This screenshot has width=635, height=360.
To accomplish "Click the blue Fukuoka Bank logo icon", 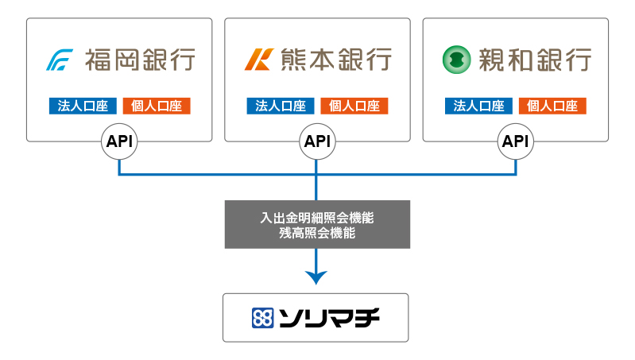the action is (x=60, y=60).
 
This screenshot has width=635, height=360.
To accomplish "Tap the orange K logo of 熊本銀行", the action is (x=259, y=60).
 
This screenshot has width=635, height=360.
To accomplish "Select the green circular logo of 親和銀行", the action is (x=457, y=60).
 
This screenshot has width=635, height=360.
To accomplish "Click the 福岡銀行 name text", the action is (x=140, y=60).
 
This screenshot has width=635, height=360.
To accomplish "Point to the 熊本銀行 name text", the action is (x=336, y=60).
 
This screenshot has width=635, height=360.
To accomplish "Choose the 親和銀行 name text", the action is (x=535, y=60).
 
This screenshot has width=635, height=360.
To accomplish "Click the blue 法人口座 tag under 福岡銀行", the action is (x=83, y=106).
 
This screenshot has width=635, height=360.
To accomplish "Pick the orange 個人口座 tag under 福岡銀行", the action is (x=157, y=106).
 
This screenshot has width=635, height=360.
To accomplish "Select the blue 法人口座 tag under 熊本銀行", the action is (x=281, y=106).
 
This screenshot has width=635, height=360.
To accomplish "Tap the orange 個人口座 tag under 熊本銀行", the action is (x=354, y=106).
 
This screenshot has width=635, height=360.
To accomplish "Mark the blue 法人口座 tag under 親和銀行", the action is (x=478, y=106).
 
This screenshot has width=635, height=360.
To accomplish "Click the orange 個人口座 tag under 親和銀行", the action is (x=552, y=106).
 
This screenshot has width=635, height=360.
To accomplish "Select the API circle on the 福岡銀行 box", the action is (x=119, y=141).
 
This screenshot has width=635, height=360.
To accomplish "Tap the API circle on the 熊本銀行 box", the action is (x=318, y=141).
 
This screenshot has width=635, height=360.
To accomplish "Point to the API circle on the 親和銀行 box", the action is (x=516, y=141).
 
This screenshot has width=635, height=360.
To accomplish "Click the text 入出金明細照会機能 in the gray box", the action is (x=317, y=218).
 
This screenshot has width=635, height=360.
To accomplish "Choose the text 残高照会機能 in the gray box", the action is (x=317, y=233).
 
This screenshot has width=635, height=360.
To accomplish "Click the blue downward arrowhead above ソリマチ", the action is (x=316, y=277).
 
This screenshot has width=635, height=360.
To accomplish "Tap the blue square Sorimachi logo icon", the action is (x=263, y=318).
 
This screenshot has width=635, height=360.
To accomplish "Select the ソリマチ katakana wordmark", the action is (x=329, y=318).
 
